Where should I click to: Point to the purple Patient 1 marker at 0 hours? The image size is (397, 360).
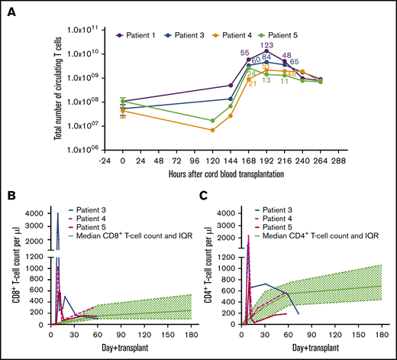122,101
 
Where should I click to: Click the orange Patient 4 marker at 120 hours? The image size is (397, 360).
212,130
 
